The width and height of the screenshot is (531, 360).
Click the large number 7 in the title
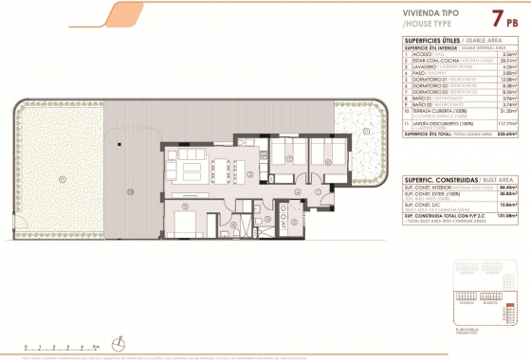496,17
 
